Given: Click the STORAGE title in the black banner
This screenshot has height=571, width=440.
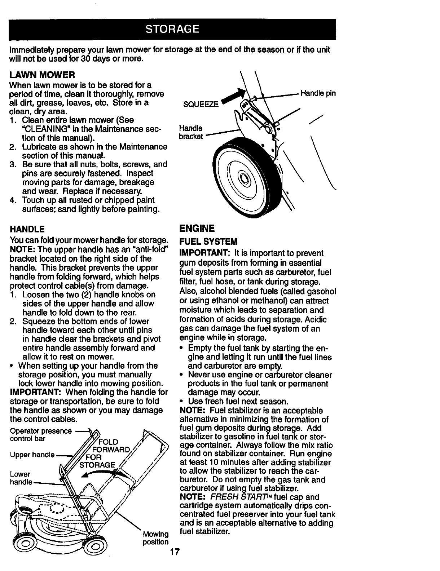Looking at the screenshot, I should click(x=172, y=29).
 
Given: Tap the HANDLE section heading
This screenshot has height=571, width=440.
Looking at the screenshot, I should click(x=27, y=229).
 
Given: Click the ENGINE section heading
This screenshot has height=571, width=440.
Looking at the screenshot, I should click(x=197, y=229).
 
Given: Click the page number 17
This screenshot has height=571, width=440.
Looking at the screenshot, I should click(x=175, y=552).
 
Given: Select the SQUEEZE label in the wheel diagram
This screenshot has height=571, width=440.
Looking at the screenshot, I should click(x=201, y=105).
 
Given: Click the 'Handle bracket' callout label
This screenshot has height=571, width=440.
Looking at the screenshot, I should click(x=191, y=132).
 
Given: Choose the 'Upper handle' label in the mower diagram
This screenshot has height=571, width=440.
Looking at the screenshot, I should click(x=32, y=455).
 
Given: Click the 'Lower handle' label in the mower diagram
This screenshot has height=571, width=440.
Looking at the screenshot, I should click(x=21, y=478).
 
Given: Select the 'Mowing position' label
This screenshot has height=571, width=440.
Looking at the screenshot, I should click(x=155, y=538).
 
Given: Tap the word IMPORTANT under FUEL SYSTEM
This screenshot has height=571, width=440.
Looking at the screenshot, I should click(x=202, y=253).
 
